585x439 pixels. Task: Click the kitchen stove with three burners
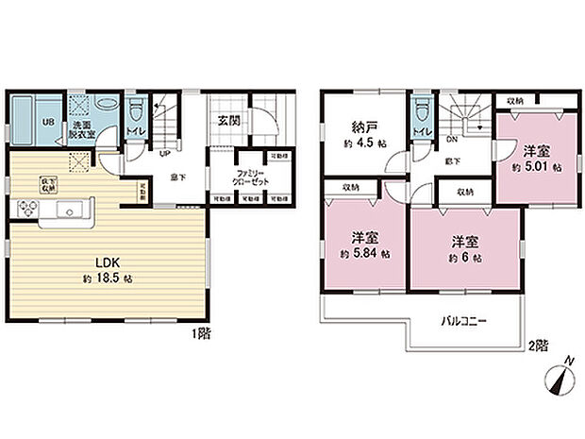point(28,211)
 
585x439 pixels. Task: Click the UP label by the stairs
point(164,153)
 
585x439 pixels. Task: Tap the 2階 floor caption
point(538,345)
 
